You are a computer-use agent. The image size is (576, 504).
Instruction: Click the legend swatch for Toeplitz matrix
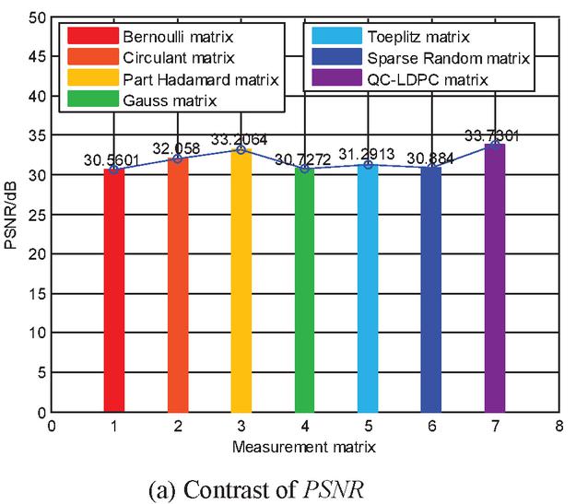pyautogui.click(x=333, y=38)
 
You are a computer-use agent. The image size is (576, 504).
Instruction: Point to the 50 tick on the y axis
pyautogui.click(x=39, y=18)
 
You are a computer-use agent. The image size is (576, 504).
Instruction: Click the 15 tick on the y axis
pyautogui.click(x=39, y=293)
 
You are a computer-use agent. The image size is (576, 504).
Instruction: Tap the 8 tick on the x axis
pyautogui.click(x=558, y=427)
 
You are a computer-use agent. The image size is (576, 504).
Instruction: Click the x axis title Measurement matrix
pyautogui.click(x=305, y=446)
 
